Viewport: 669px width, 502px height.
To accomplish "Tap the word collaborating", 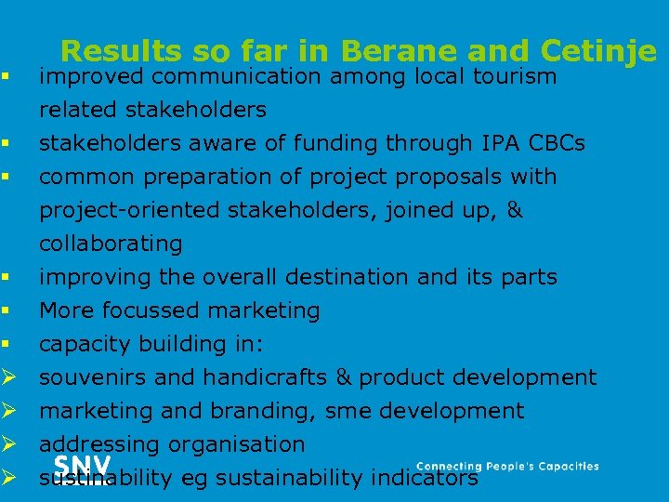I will pos(111,244).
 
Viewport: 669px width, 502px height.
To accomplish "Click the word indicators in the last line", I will pos(425,478).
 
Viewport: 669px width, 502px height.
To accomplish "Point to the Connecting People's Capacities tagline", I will pos(507,467).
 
